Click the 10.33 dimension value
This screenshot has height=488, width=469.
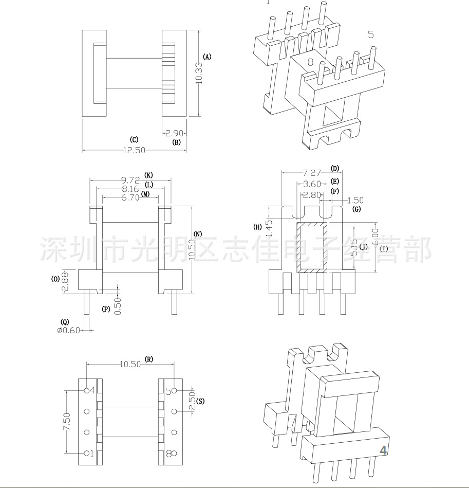point(199,73)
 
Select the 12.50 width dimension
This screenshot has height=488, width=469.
point(134,150)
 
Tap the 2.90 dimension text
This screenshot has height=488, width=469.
point(174,133)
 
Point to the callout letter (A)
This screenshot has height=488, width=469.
point(207,57)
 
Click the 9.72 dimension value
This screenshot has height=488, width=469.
point(130,180)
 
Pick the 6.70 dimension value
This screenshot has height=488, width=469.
point(130,197)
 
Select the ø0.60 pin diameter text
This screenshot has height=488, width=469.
point(68,330)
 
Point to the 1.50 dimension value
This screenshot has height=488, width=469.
point(355,200)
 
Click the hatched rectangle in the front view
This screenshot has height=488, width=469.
point(311,247)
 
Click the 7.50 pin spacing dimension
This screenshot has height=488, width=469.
point(66,422)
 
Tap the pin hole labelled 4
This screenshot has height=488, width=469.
point(87,390)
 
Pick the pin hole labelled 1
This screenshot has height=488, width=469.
point(86,454)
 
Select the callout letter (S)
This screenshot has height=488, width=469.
point(200,401)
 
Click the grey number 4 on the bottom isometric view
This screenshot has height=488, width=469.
point(383,450)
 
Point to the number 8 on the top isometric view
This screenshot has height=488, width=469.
point(310,62)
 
